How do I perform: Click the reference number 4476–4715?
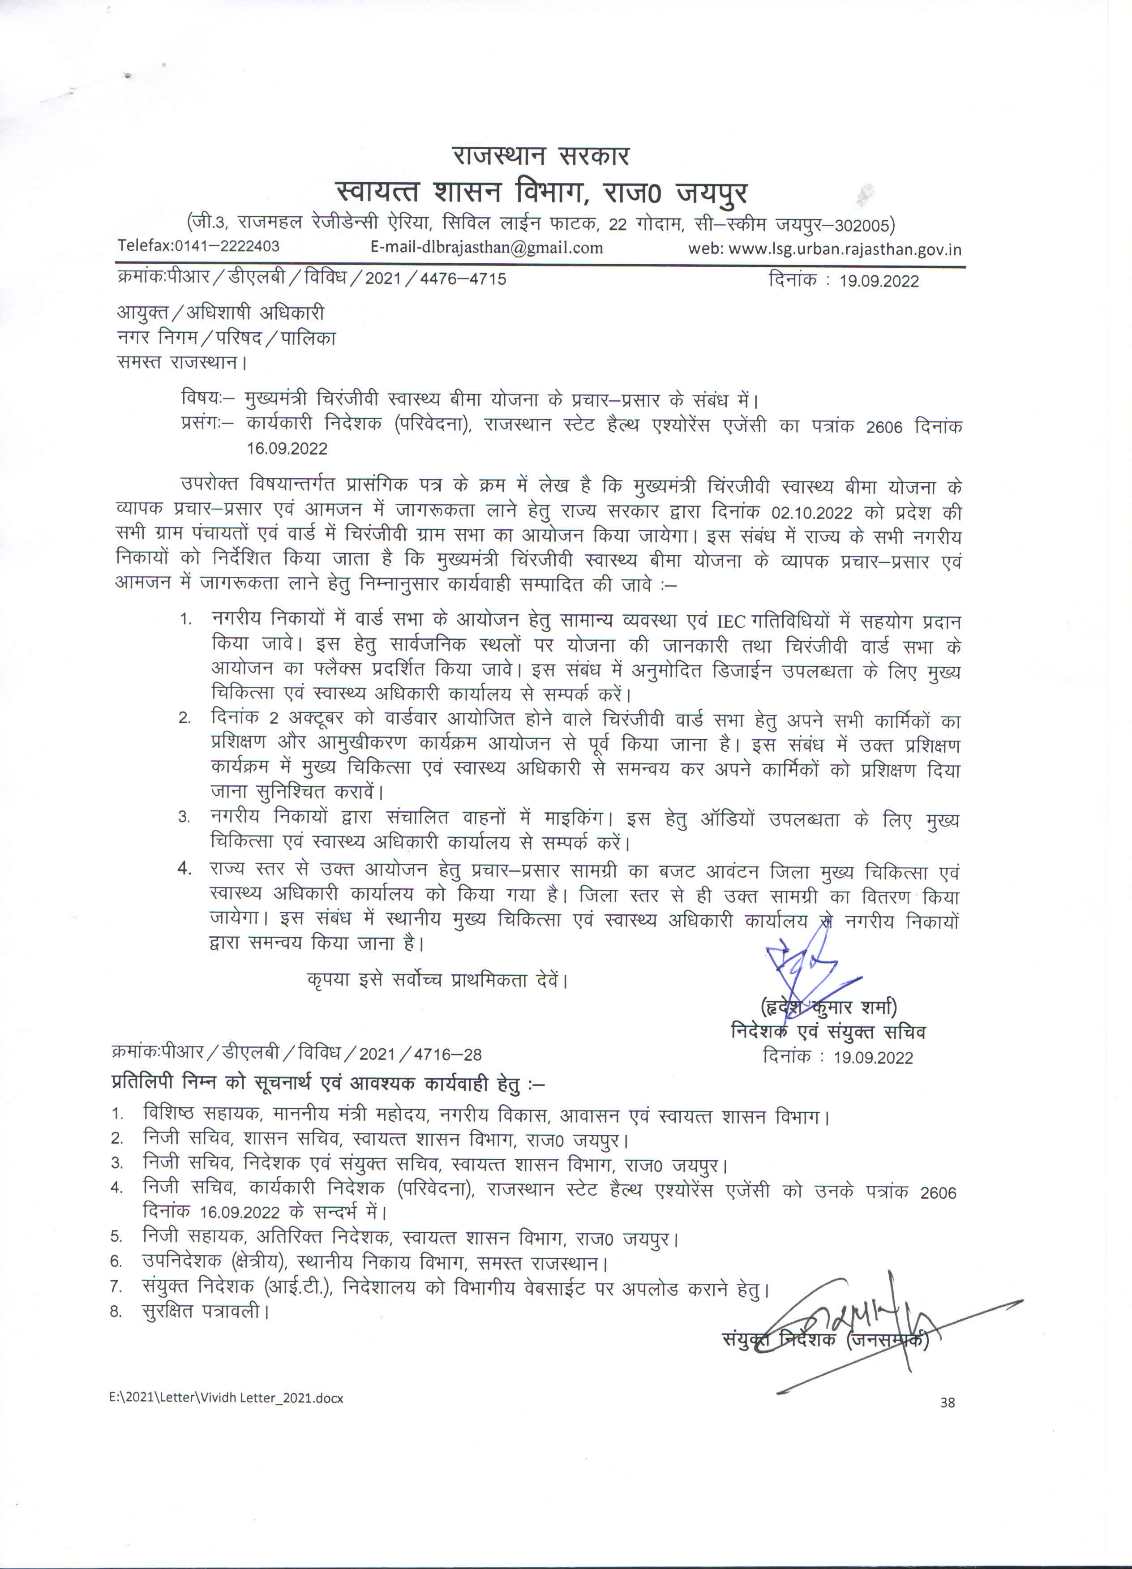pos(463,279)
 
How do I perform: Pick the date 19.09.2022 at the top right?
pos(879,281)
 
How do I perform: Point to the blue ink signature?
pos(810,969)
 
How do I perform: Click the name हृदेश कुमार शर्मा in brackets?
pos(828,1007)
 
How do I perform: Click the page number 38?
pos(947,1402)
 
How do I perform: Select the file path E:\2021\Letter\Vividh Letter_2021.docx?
pos(226,1398)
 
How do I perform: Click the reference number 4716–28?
pos(447,1055)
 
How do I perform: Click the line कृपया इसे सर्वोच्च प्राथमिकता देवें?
pos(437,980)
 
